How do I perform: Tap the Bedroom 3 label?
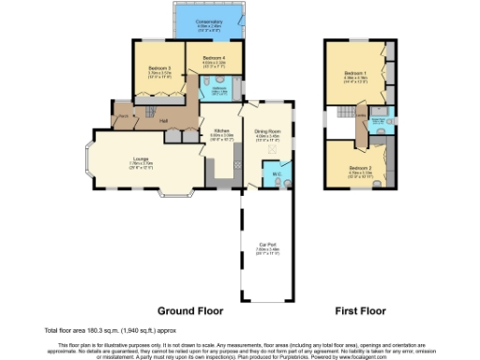point(152,69)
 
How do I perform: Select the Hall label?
point(163,121)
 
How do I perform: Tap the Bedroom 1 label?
point(354,73)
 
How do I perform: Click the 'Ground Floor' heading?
point(190,310)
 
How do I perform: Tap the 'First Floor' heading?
point(361,310)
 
